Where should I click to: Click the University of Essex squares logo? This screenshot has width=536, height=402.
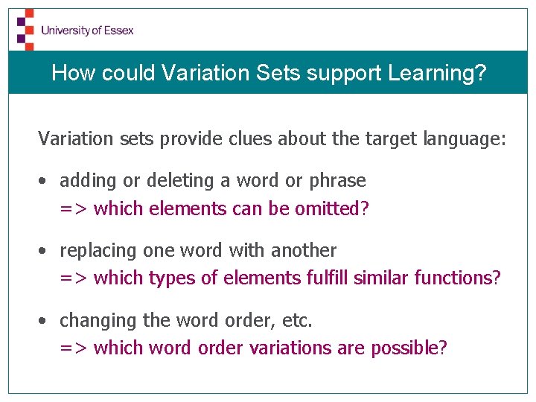(25, 29)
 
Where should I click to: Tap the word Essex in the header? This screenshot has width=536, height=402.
(119, 31)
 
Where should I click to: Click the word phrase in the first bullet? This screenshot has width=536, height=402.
(338, 181)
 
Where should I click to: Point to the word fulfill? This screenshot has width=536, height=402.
(328, 278)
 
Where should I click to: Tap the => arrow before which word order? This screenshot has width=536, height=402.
(74, 348)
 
